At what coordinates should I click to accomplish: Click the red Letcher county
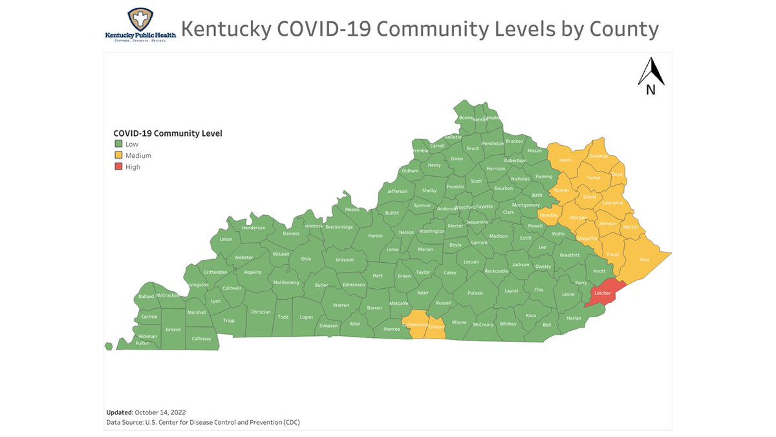click(603, 293)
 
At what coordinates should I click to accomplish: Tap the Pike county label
click(644, 260)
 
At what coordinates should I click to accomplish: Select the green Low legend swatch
click(118, 144)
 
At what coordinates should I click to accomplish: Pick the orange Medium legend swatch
click(118, 155)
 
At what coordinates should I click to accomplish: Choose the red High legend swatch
click(118, 167)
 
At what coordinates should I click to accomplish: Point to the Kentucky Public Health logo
click(136, 26)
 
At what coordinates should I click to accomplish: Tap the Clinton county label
click(436, 327)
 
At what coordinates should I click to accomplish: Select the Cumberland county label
click(415, 324)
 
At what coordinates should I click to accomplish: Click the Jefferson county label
click(397, 191)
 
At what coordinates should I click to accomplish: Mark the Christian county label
click(261, 312)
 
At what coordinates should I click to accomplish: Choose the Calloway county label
click(201, 339)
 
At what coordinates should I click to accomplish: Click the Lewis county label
click(565, 159)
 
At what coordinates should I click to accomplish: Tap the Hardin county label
click(375, 236)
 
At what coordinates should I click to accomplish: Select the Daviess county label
click(291, 233)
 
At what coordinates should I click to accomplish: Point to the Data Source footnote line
click(202, 422)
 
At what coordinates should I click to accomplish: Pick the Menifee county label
click(548, 215)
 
